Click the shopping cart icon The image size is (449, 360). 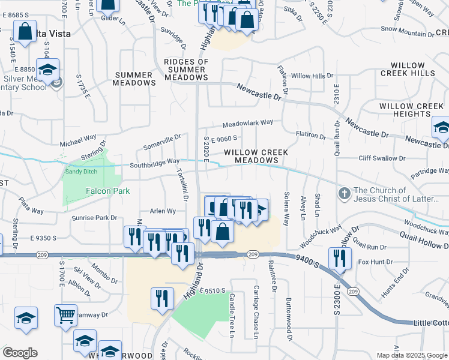point(65,314)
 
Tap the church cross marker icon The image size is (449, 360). point(344,194)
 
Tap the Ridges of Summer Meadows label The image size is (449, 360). point(186,70)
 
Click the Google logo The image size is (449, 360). point(20,353)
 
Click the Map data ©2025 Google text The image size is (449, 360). point(411,355)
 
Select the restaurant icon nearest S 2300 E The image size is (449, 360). point(340,258)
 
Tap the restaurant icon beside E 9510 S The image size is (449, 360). point(162,298)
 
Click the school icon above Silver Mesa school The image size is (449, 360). point(47,68)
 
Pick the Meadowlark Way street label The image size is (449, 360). point(247,123)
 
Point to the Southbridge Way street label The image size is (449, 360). point(155,162)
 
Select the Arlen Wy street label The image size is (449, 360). point(163,211)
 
